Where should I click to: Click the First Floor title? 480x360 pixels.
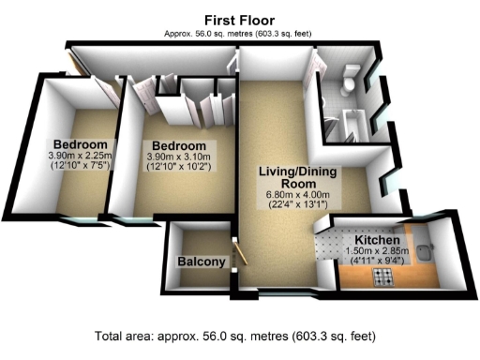pyautogui.click(x=239, y=20)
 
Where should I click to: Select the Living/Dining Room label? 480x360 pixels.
pyautogui.click(x=295, y=177)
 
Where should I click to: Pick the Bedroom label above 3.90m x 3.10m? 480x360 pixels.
pyautogui.click(x=180, y=146)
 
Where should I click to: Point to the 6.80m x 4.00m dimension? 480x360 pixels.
pyautogui.click(x=295, y=195)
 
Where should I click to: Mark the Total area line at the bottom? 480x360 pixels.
pyautogui.click(x=239, y=336)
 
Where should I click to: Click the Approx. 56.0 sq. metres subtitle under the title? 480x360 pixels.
pyautogui.click(x=239, y=33)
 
